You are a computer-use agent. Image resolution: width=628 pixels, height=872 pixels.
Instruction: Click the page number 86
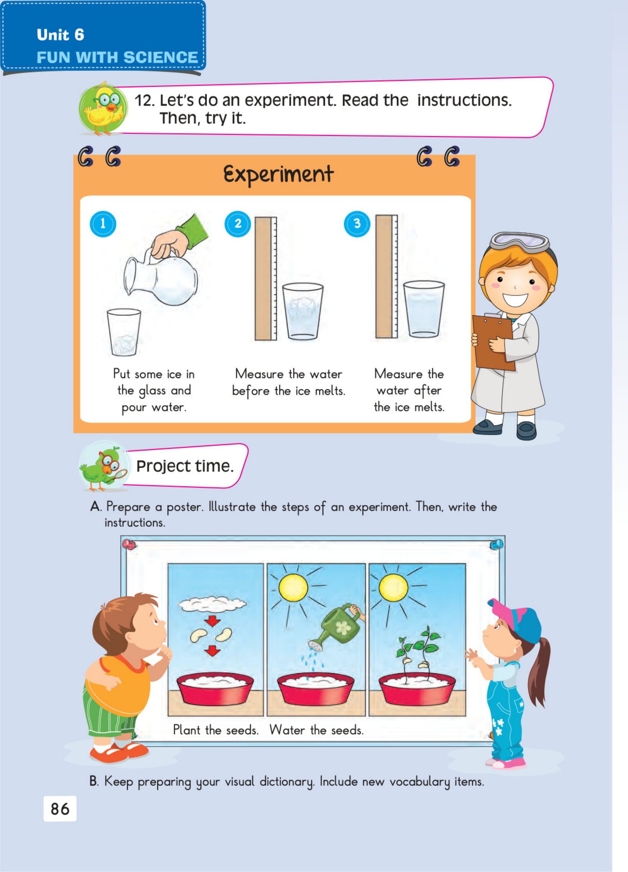(60, 809)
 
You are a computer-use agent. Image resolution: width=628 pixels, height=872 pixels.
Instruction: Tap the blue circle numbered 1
(103, 224)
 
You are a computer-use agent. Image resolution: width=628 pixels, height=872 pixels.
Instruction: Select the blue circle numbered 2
(237, 224)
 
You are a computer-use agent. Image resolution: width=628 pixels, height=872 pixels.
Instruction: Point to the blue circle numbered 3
(357, 224)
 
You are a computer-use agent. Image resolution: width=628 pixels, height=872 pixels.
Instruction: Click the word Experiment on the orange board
(279, 175)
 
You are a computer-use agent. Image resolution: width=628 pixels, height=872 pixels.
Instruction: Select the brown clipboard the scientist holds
(494, 342)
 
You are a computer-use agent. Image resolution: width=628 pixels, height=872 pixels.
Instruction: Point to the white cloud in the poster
(212, 604)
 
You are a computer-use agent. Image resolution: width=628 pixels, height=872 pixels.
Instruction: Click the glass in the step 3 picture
(424, 309)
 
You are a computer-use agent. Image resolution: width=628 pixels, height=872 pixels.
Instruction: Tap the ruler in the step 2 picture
(266, 278)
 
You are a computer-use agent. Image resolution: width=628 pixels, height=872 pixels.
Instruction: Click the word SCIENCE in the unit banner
(161, 57)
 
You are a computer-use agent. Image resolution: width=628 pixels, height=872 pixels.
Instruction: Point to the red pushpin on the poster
(128, 544)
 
